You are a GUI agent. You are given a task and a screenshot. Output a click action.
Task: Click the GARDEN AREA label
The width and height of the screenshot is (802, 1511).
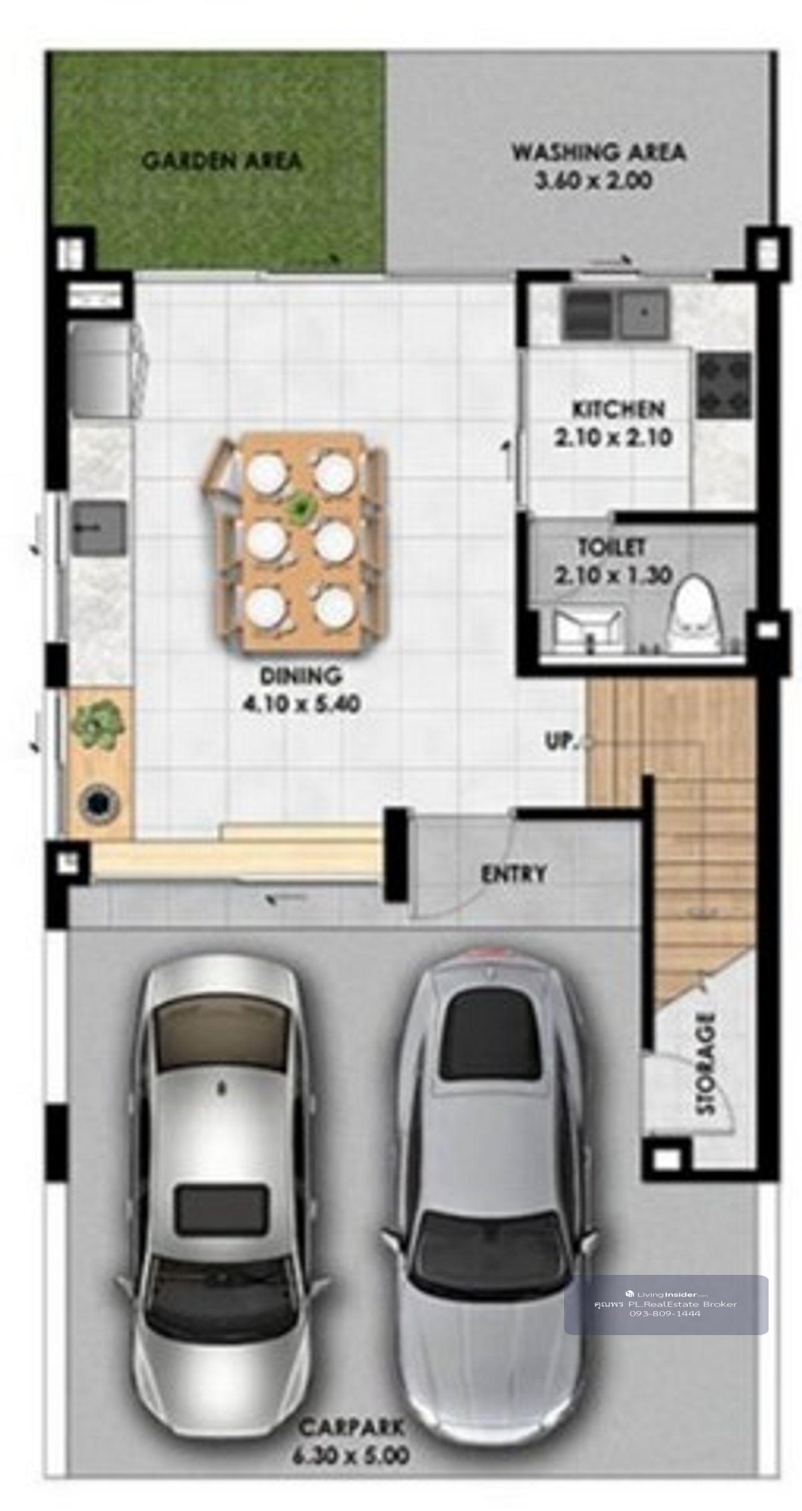point(223,161)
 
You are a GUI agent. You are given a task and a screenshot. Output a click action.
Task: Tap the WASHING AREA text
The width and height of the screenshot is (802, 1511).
point(598,152)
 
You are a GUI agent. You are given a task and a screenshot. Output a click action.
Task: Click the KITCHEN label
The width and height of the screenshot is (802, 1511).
point(618,409)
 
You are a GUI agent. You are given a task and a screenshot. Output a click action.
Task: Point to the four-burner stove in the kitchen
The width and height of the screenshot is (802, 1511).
point(724,385)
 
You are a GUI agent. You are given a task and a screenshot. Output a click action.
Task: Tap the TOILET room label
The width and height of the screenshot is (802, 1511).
point(611,548)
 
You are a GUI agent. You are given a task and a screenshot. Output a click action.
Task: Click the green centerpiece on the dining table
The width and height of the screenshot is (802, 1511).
point(302,508)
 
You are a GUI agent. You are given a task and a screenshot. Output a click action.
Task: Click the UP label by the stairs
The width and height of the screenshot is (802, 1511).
point(560,741)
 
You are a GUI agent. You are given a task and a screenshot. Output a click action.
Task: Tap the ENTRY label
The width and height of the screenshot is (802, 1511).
point(513,874)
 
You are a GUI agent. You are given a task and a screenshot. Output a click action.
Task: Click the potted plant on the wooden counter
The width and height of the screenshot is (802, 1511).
point(99,724)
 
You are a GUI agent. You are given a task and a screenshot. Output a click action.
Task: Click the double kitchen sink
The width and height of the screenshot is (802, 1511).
point(616,314)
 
